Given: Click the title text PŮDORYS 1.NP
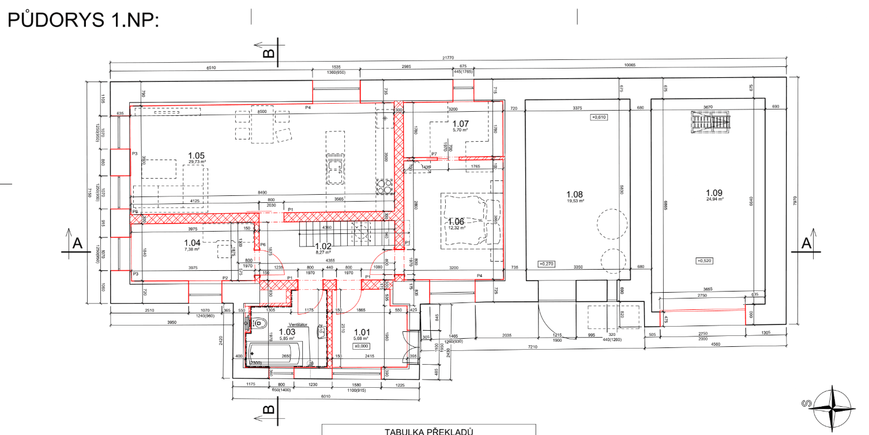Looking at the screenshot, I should tap(82, 20).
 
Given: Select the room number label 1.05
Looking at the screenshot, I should tap(197, 156).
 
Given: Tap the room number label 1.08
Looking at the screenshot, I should tap(575, 195).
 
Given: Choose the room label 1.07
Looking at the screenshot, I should tap(461, 123).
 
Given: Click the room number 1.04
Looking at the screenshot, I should tap(192, 243).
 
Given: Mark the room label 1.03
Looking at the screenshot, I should tap(287, 331).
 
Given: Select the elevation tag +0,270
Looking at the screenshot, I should tap(546, 264).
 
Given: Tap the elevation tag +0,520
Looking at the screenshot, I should tap(705, 260).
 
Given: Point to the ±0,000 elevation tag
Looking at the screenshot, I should tap(361, 346).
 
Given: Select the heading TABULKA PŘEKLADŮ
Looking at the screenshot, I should tap(429, 431).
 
